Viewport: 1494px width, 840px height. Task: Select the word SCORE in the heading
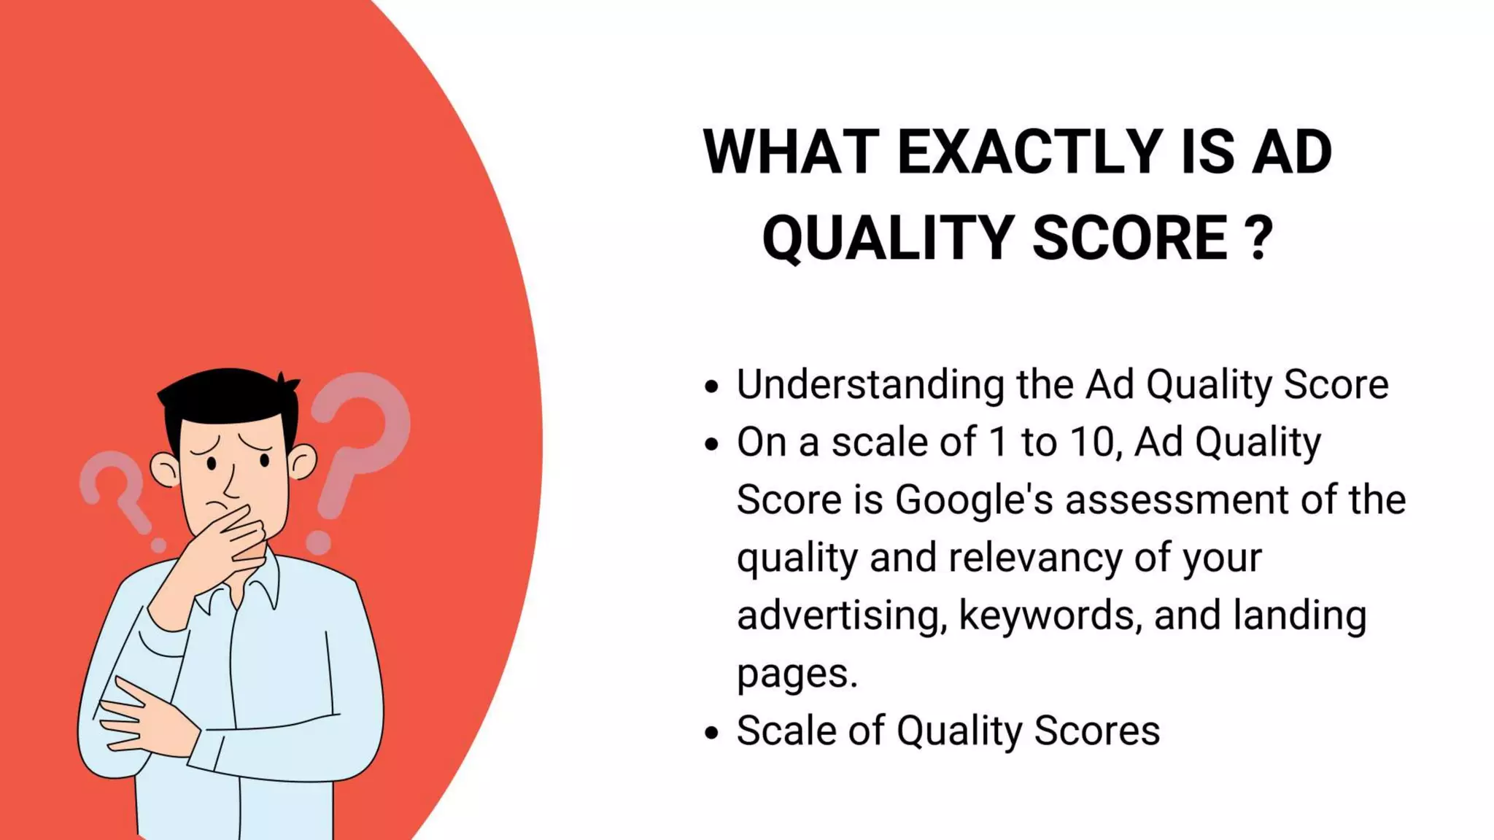(1131, 238)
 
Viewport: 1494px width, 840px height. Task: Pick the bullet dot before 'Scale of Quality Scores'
(712, 733)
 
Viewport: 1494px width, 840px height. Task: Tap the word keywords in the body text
(1050, 615)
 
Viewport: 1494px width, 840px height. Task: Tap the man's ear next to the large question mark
(301, 461)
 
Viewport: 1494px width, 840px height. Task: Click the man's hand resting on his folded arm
(146, 718)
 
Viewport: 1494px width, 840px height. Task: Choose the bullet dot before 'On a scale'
(712, 444)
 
